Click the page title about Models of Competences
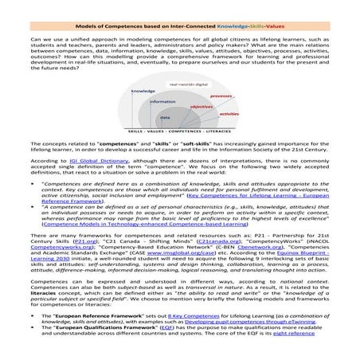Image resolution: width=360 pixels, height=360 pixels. (180, 7)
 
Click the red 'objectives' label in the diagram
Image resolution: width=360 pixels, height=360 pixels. (201, 106)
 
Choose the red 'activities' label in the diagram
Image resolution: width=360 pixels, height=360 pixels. (228, 114)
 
